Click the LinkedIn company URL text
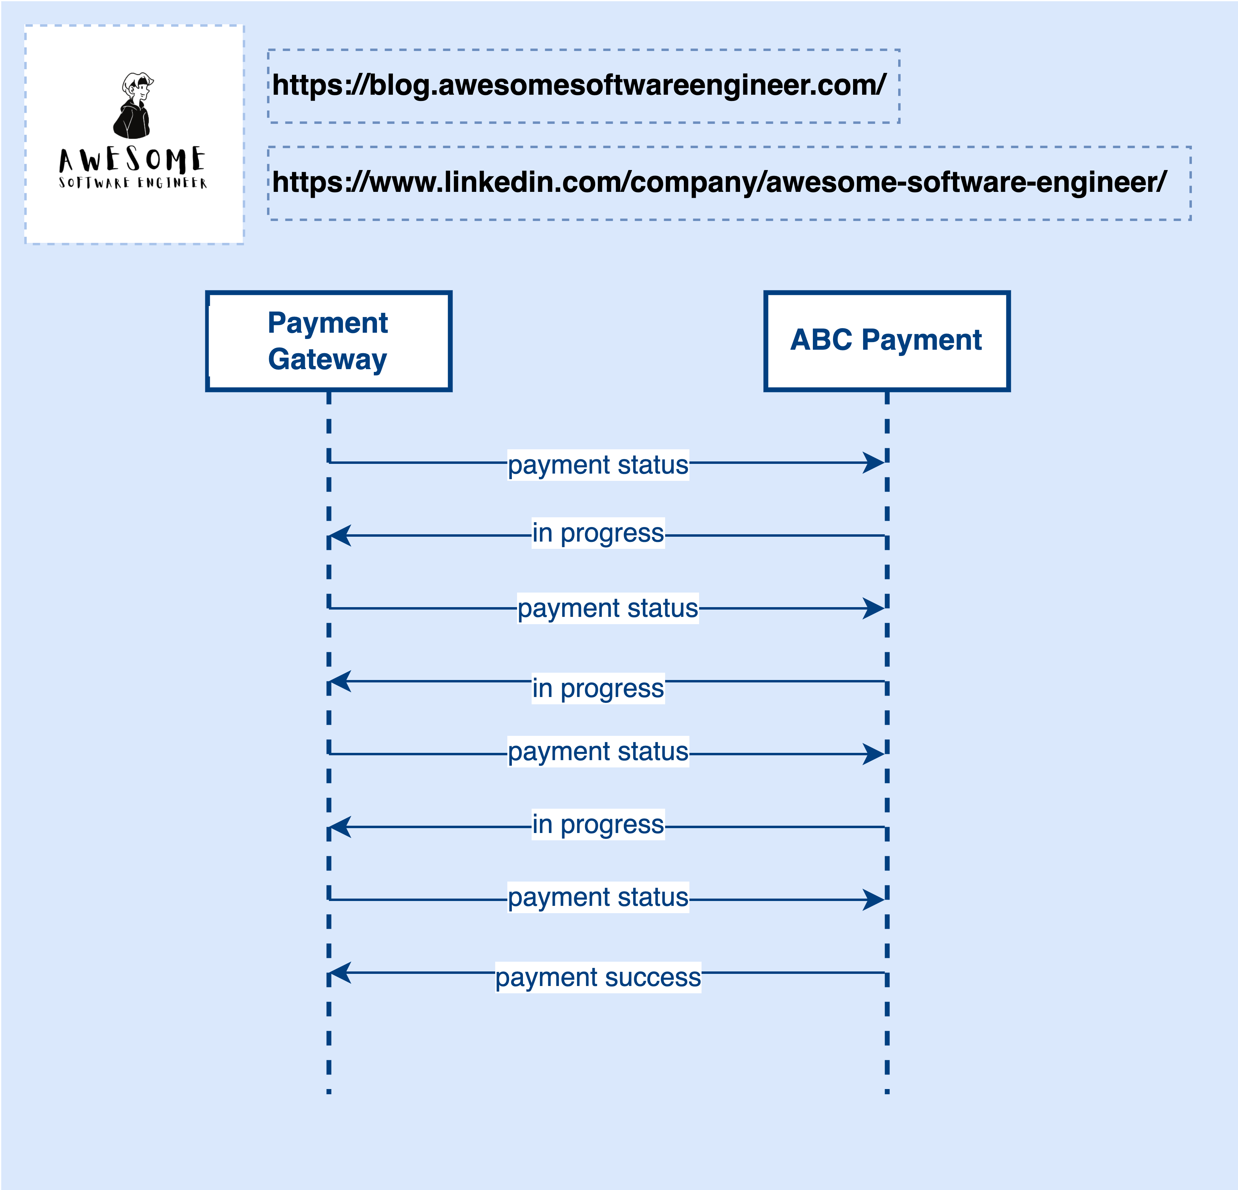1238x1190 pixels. (x=720, y=182)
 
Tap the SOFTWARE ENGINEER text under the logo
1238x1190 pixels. (x=132, y=183)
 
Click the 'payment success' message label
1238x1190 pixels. (x=598, y=977)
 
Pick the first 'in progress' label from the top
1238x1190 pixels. (x=598, y=533)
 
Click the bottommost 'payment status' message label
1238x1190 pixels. (x=598, y=898)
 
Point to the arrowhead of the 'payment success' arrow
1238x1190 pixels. (x=340, y=972)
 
